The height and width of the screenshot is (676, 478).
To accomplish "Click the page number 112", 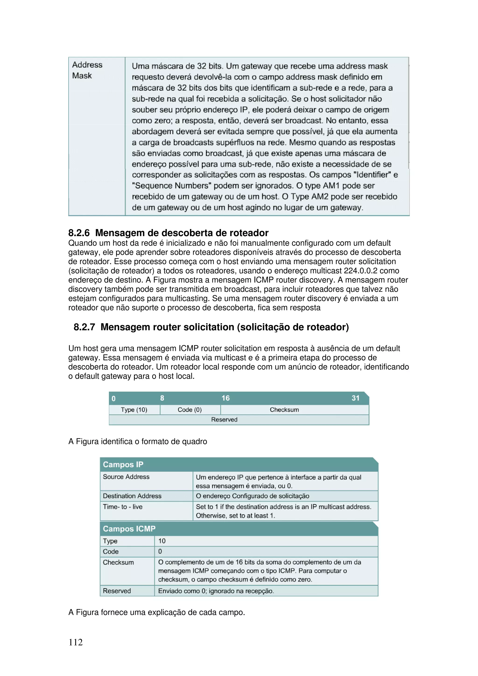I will (75, 642).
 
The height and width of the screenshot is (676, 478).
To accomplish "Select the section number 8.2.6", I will (79, 233).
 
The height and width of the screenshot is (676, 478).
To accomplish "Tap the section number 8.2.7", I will (84, 327).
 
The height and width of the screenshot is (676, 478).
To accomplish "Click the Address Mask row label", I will (87, 70).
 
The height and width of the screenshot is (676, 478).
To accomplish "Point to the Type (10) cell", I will (134, 410).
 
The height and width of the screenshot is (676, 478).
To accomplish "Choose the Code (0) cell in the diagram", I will (190, 410).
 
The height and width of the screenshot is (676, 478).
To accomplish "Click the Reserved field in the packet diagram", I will (224, 420).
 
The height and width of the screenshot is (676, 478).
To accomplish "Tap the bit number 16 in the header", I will (226, 398).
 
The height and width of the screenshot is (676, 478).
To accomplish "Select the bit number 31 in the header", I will (355, 398).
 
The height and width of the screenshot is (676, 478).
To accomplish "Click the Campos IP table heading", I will (123, 465).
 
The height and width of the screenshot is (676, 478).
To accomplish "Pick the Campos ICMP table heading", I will (129, 529).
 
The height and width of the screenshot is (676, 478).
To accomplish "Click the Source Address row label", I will (126, 477).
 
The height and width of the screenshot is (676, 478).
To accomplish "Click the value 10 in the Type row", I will (162, 541).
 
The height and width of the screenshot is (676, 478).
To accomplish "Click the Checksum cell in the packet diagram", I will (284, 410).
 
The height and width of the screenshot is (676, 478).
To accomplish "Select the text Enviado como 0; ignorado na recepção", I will (216, 591).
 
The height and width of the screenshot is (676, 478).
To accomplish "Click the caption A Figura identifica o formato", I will (137, 442).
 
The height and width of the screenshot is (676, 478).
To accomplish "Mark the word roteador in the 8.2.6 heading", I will (249, 233).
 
